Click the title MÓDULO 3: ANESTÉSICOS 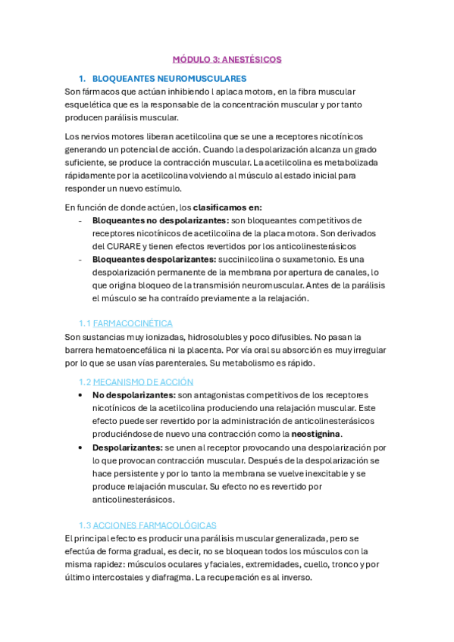tap(227, 59)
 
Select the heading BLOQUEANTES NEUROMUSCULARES tap(168, 79)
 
